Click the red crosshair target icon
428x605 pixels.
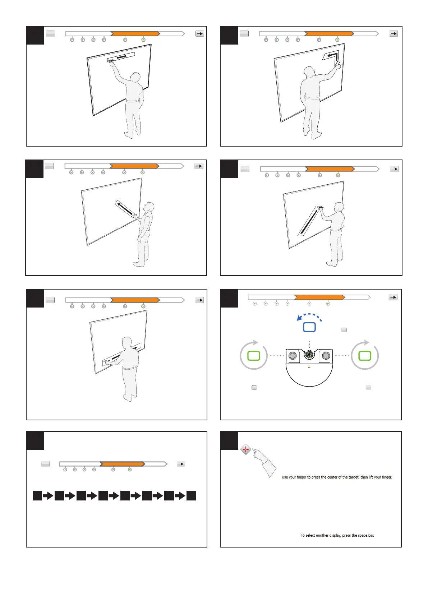click(x=245, y=449)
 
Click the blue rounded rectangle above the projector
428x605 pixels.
click(x=309, y=327)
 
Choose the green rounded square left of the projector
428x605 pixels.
click(x=253, y=356)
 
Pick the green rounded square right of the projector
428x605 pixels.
click(x=364, y=356)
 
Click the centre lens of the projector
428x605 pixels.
click(x=309, y=354)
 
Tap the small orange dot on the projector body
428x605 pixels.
click(x=309, y=367)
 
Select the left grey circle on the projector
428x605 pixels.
click(x=293, y=355)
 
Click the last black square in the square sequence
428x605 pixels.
click(x=191, y=496)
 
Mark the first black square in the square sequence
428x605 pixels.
click(x=37, y=496)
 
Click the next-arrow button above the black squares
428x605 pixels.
click(x=181, y=464)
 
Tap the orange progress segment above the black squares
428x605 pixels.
click(x=122, y=464)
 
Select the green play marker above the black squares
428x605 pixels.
click(x=130, y=470)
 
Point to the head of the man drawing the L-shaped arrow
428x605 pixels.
click(x=309, y=71)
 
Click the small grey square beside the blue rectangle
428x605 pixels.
click(x=344, y=330)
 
